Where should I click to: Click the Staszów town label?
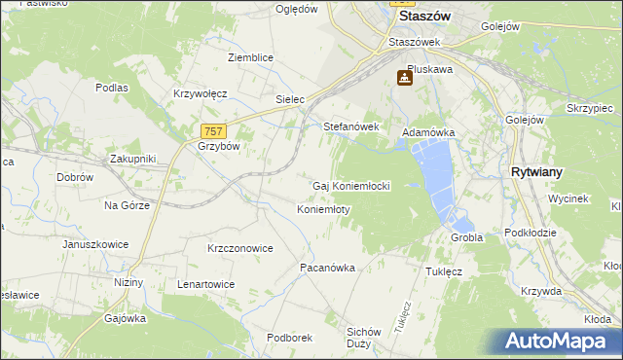(x=428, y=17)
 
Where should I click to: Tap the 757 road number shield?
(x=214, y=131)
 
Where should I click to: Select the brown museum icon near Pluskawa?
(x=404, y=78)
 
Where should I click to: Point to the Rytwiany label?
(x=537, y=171)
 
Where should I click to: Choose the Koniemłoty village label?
(x=323, y=209)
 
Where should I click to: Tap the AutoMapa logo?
(x=561, y=341)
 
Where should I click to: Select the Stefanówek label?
(x=350, y=126)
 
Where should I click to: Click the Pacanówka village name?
(x=327, y=267)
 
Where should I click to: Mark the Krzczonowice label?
(x=239, y=248)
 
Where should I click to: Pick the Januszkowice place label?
(x=95, y=244)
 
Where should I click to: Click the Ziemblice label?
(x=250, y=57)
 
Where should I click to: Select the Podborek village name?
(x=289, y=338)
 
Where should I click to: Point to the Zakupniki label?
(x=132, y=158)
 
